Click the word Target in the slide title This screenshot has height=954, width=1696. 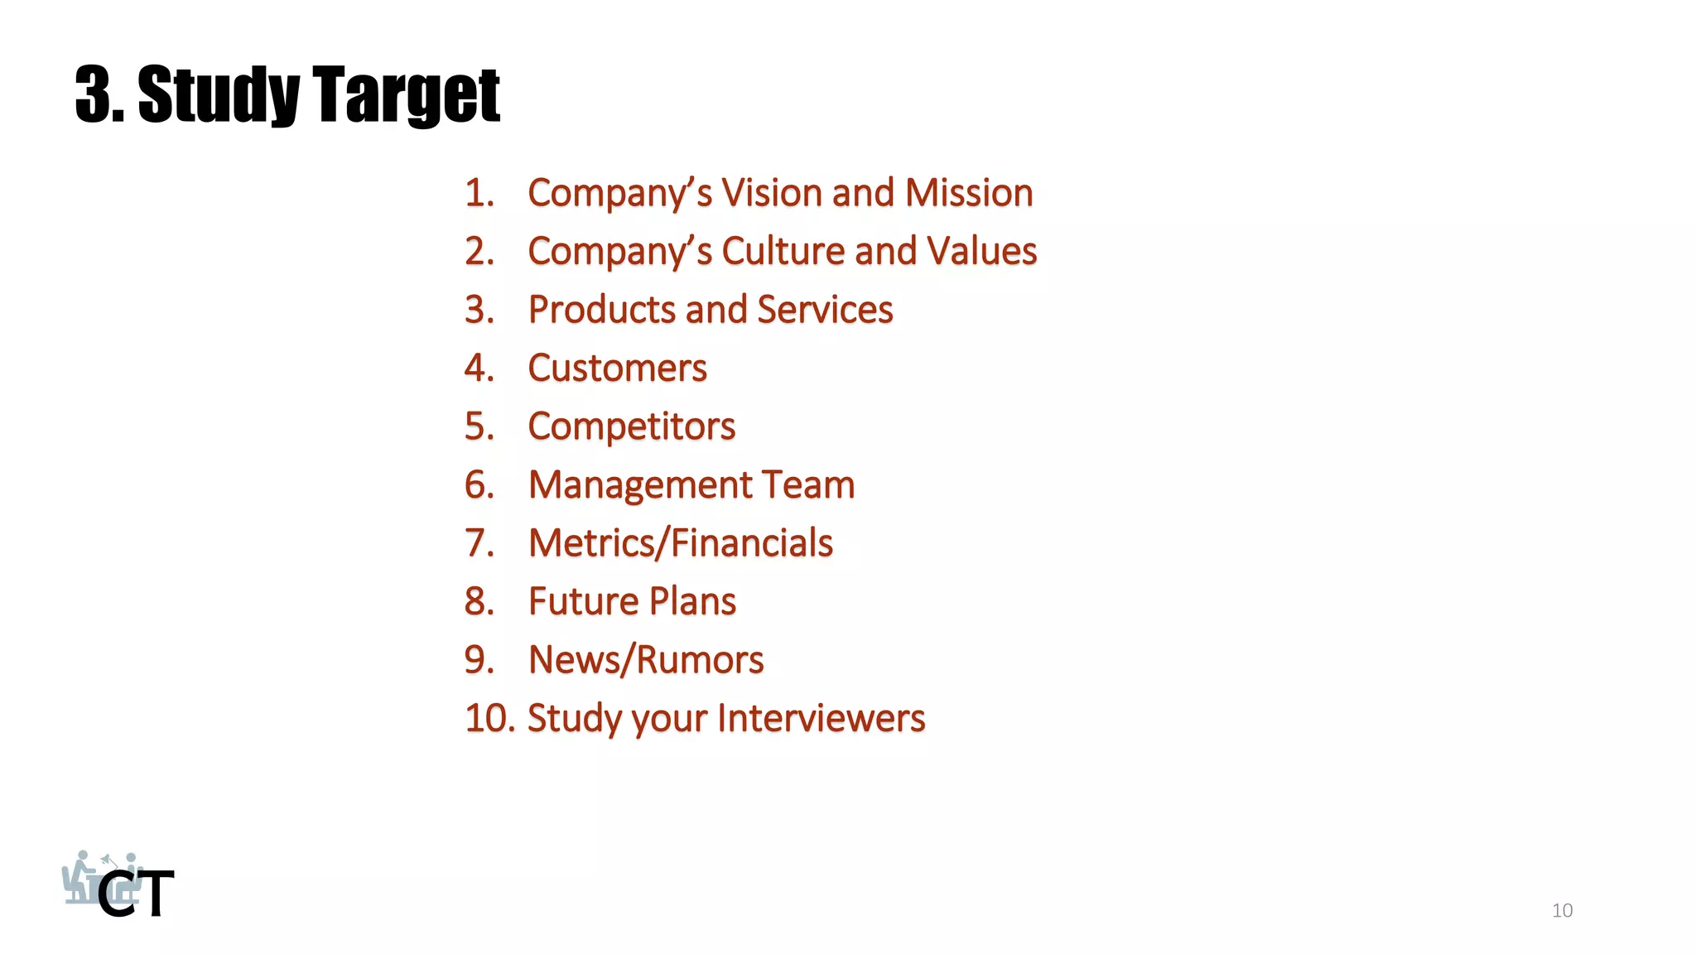407,95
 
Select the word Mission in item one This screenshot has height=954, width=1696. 969,193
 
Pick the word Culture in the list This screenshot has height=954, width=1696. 783,251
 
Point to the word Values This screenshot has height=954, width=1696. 981,251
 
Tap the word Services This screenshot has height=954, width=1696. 825,310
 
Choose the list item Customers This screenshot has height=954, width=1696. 617,369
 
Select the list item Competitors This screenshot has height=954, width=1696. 631,427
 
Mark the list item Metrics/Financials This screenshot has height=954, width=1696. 680,543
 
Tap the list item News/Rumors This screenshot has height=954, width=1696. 646,660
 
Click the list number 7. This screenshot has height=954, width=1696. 479,543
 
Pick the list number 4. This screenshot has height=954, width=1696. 479,369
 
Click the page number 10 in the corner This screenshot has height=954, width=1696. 1562,910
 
